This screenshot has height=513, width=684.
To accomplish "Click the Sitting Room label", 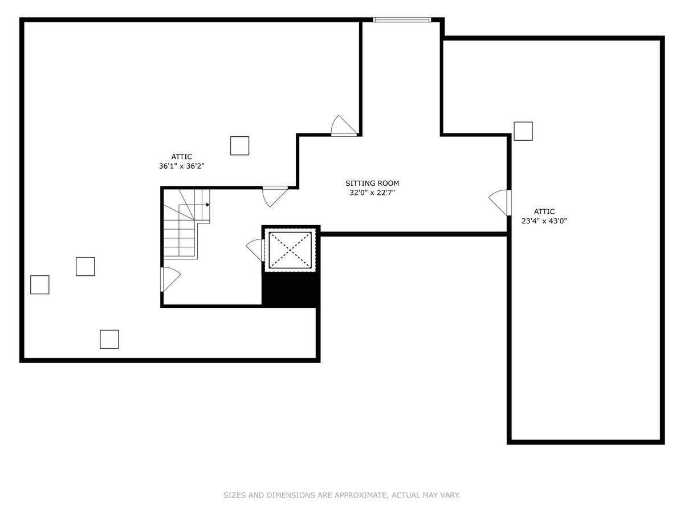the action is [x=372, y=183].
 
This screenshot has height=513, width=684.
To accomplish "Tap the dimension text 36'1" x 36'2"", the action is [x=182, y=166].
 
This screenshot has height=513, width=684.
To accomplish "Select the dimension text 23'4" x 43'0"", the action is [x=544, y=221].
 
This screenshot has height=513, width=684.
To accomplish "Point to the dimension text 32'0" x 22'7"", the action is [x=372, y=193].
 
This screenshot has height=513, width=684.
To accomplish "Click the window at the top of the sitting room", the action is [x=402, y=19].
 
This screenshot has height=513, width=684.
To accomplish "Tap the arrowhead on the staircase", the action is [x=208, y=205].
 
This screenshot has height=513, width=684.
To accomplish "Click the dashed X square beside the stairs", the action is [x=290, y=250].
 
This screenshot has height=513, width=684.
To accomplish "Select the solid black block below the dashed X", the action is [x=291, y=289].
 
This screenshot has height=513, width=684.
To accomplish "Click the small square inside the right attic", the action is [x=523, y=131].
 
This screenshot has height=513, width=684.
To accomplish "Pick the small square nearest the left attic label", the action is [x=239, y=146].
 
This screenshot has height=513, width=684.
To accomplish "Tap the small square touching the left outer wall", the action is [x=40, y=284].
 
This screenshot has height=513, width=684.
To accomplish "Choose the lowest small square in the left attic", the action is [x=109, y=339].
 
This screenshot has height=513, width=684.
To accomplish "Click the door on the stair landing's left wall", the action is [x=170, y=279].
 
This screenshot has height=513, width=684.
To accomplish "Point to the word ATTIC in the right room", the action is [x=544, y=211].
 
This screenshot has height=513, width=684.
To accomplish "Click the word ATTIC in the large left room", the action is [x=182, y=157].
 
